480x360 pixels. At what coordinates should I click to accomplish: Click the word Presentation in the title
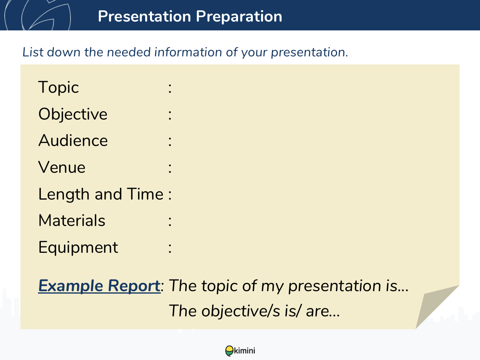[x=144, y=16]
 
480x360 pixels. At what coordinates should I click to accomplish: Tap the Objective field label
[x=73, y=114]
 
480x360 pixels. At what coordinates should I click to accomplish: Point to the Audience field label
[x=73, y=140]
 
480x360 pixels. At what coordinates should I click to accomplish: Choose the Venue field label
[x=62, y=167]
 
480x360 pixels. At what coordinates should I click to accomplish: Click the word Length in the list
[x=64, y=194]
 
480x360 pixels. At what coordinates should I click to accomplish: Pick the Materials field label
[x=72, y=220]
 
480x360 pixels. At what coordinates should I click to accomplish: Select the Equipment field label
[x=78, y=248]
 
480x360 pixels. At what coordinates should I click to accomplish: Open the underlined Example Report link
[x=100, y=286]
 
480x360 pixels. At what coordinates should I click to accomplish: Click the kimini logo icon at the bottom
[x=229, y=351]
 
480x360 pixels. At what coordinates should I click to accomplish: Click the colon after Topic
[x=170, y=88]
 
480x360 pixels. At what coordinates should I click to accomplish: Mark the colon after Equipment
[x=170, y=248]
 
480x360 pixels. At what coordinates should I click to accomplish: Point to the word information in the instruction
[x=188, y=52]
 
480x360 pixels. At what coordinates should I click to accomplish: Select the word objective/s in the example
[x=240, y=311]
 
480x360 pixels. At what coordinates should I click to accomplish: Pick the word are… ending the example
[x=323, y=311]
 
